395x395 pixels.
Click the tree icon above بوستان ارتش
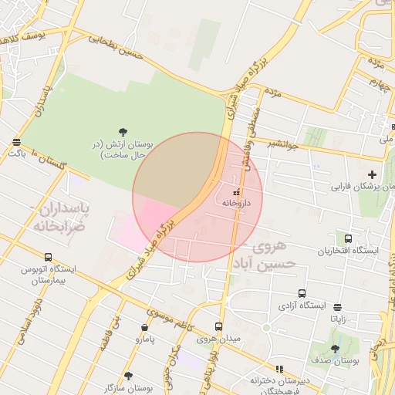123,132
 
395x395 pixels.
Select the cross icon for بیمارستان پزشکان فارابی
373,174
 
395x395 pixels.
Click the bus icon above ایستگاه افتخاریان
349,239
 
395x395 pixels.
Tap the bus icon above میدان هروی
218,327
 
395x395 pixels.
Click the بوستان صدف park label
334,360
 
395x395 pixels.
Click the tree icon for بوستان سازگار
128,376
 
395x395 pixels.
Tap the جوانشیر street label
283,143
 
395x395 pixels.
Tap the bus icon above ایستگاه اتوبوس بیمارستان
49,257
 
